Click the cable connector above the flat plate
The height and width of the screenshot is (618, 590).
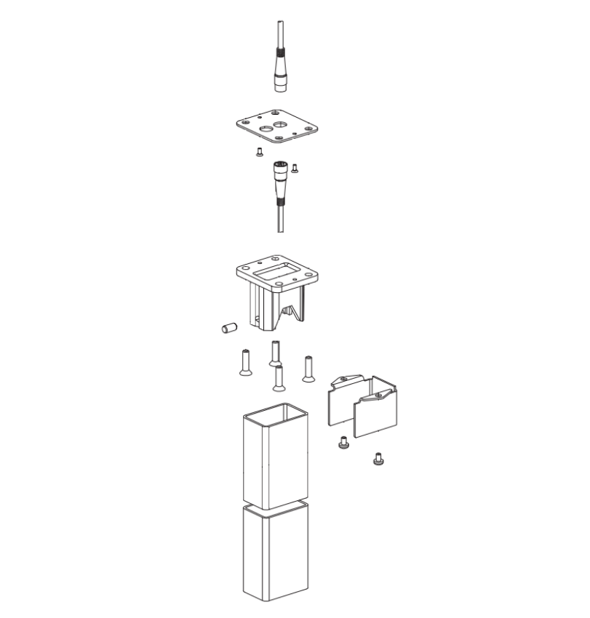pos(281,73)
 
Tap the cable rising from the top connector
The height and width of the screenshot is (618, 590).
pos(280,33)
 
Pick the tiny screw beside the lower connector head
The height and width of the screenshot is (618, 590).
pos(295,169)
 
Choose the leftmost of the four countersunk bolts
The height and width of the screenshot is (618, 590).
pos(245,361)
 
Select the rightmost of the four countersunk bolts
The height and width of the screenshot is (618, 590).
pos(308,368)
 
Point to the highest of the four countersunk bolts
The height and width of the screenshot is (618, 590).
pos(275,353)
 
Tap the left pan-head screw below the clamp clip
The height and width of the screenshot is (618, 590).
pos(343,442)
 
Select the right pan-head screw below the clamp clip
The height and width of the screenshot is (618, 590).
pos(378,459)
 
